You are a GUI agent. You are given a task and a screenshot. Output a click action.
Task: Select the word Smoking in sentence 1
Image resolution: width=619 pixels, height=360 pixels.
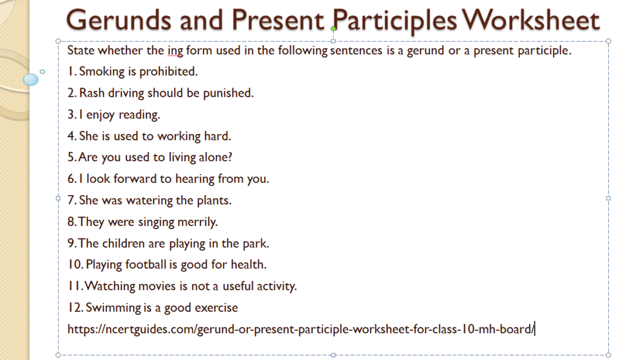coord(100,71)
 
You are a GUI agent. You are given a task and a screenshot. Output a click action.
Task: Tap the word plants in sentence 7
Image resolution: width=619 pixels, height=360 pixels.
coord(213,200)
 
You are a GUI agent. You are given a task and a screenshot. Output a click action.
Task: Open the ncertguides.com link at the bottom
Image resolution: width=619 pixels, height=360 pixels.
coord(301,329)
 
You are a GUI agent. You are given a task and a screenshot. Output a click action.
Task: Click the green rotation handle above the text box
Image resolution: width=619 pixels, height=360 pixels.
coord(333,28)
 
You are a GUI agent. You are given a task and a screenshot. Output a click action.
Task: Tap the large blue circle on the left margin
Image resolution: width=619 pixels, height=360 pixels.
coord(30,79)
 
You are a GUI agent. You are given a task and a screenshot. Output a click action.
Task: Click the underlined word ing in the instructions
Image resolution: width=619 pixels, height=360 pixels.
coord(175,51)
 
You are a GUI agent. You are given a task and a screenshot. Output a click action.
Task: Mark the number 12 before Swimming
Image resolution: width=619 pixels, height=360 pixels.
coord(74,307)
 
